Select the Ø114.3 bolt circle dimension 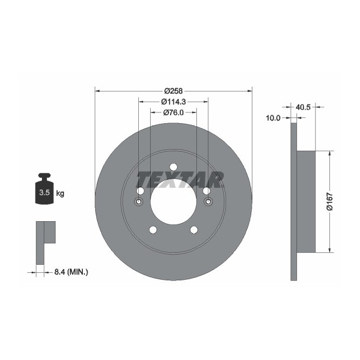[x=173, y=102]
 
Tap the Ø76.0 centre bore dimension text [x=173, y=112]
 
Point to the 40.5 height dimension [x=304, y=107]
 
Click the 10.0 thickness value [x=273, y=118]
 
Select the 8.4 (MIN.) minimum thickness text [x=70, y=273]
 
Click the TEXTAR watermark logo [x=180, y=180]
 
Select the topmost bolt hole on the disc [x=173, y=167]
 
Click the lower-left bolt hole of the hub [x=152, y=230]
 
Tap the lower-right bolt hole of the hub [x=194, y=230]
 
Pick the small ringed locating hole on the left [x=138, y=202]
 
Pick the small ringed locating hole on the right [x=208, y=202]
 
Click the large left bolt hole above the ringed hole [x=140, y=191]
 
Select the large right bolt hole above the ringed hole [x=207, y=191]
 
